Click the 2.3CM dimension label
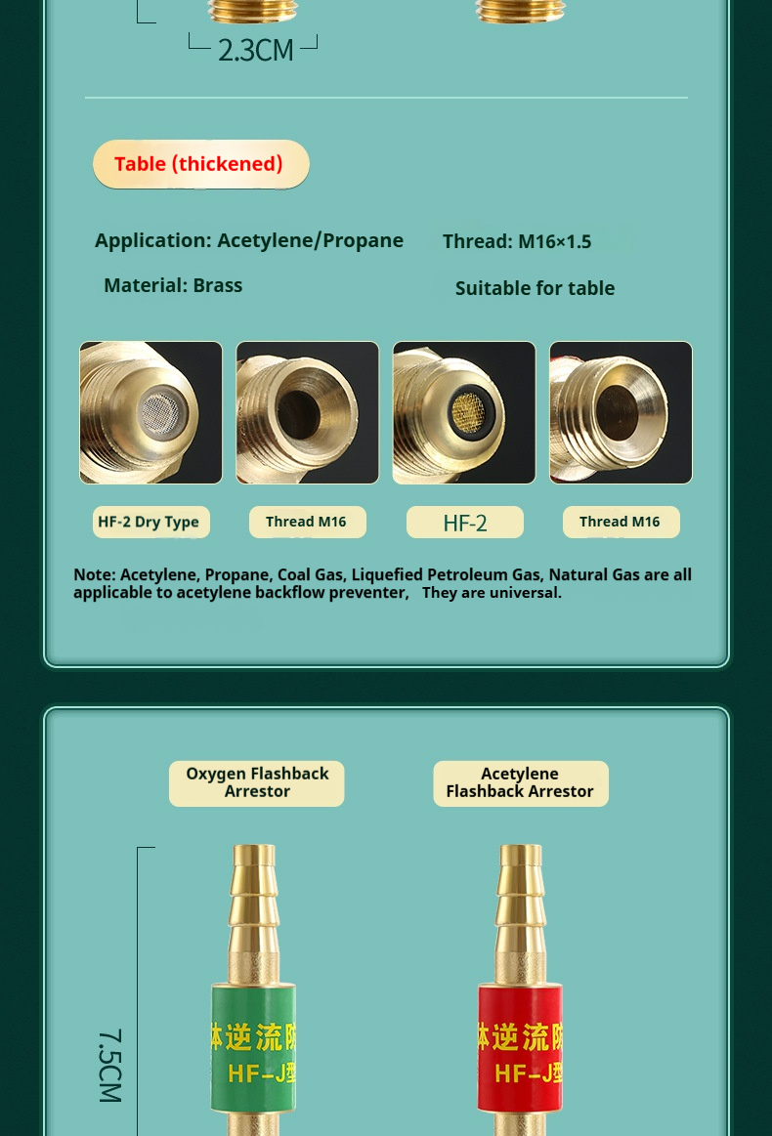click(256, 50)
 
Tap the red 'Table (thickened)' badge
click(200, 164)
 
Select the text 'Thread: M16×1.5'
click(517, 241)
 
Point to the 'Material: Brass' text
click(173, 285)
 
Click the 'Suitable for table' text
click(535, 288)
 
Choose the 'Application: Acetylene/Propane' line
click(248, 240)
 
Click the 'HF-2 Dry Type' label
click(150, 522)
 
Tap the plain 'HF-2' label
click(464, 523)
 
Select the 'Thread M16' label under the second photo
click(308, 522)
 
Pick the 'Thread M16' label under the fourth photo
click(622, 522)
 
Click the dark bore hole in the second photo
click(299, 414)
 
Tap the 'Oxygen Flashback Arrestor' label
click(257, 783)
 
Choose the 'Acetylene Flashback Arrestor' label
click(521, 783)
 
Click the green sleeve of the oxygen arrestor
click(253, 1048)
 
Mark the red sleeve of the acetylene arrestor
click(520, 1048)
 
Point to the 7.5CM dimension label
click(110, 1066)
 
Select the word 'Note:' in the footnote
click(94, 574)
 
